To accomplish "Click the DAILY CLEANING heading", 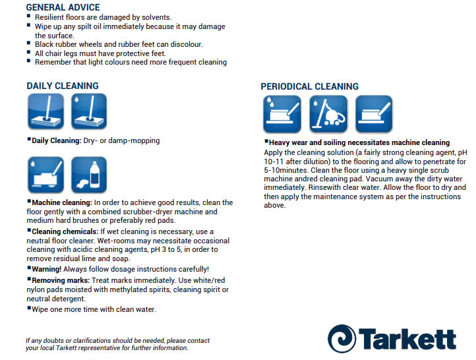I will (x=63, y=86).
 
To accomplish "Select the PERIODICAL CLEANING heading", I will (x=309, y=86).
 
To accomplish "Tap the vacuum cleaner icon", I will (x=328, y=114).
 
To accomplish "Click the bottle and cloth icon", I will (x=89, y=175).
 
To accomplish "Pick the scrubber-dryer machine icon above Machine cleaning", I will (x=45, y=175).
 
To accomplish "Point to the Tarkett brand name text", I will (x=407, y=337).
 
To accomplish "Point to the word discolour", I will (x=183, y=44).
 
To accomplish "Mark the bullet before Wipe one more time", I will (x=29, y=308).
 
